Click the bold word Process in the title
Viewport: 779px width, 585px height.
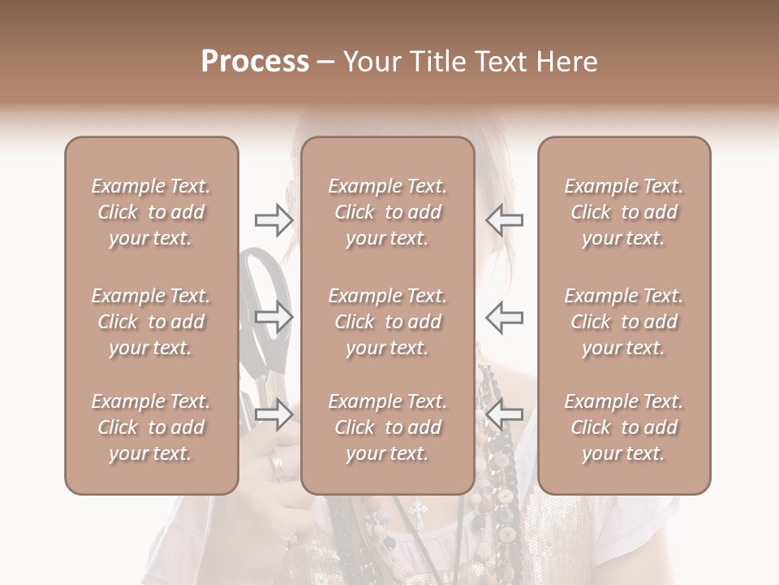tap(255, 62)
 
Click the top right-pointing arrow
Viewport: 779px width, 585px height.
tap(273, 219)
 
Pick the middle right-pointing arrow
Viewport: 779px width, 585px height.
tap(273, 317)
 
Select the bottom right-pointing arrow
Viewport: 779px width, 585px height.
tap(273, 414)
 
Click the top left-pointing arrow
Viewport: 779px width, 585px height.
tap(504, 219)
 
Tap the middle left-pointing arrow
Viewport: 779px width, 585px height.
tap(504, 317)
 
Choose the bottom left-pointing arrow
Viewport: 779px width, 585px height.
tap(504, 414)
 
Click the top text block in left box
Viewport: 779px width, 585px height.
tap(151, 212)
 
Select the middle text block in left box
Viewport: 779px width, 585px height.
tap(151, 322)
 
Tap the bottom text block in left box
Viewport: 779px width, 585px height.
tap(151, 427)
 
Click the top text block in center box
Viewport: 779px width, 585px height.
tap(387, 212)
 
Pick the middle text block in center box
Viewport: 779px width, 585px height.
tap(387, 322)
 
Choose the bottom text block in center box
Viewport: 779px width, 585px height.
tap(387, 427)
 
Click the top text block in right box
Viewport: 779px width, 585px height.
tap(623, 212)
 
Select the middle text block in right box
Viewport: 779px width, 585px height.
tap(623, 322)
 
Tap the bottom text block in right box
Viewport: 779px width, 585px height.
tap(623, 427)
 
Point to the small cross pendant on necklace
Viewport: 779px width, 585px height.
tap(419, 510)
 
